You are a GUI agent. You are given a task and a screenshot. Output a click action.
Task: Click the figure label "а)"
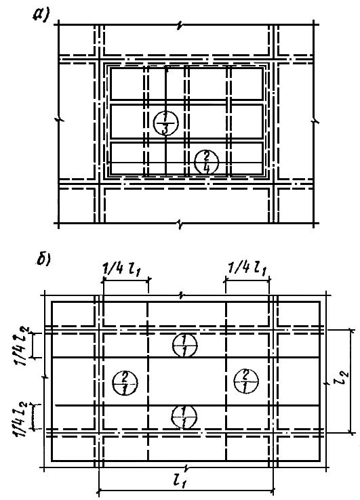[41, 14]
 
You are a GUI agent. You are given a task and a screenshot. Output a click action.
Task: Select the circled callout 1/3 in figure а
[165, 123]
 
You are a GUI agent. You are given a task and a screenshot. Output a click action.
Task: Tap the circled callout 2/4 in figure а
[207, 162]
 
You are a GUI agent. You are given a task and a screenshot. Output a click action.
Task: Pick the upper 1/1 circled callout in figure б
[184, 346]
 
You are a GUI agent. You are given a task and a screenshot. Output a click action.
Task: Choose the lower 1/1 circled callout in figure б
[184, 417]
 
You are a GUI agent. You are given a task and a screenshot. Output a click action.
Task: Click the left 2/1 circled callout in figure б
[125, 383]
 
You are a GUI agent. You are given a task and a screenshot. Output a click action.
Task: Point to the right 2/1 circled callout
[245, 381]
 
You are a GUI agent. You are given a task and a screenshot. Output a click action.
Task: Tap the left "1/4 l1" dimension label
[121, 270]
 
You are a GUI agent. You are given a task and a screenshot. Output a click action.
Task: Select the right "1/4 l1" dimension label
[247, 270]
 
